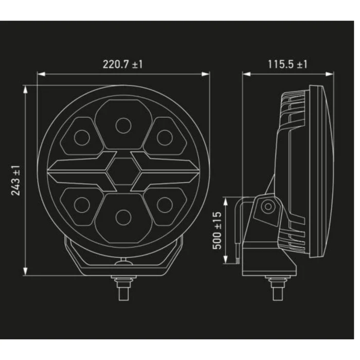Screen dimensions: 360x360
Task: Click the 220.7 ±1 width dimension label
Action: tap(122, 64)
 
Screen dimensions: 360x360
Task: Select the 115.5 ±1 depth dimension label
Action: tap(287, 64)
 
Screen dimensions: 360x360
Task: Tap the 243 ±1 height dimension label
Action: tap(15, 181)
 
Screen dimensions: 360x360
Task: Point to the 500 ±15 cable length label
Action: tap(217, 230)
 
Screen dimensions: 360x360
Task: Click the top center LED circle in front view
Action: tap(123, 125)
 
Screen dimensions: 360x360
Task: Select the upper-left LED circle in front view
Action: tap(82, 137)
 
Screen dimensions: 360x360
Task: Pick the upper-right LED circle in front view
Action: tap(165, 137)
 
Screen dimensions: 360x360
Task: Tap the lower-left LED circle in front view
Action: tap(82, 205)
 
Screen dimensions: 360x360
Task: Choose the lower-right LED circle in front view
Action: tap(165, 205)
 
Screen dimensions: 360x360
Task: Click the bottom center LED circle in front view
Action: tap(123, 217)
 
